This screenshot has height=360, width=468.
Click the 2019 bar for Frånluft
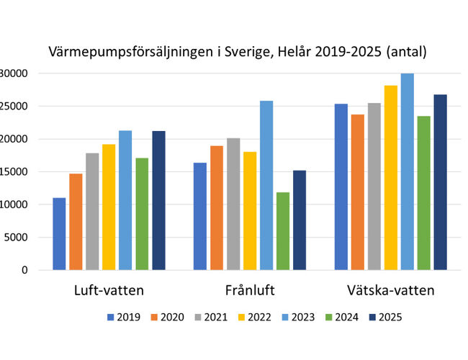200,216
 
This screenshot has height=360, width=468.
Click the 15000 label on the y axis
14,172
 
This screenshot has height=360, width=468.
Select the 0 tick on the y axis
24,270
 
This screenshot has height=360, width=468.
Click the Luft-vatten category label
109,292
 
